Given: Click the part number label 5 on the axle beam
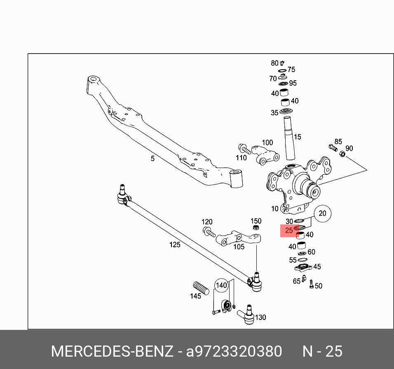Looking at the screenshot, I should click(152, 159).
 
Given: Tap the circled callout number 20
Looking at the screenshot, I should click(322, 213).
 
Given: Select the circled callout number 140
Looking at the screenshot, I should click(222, 285).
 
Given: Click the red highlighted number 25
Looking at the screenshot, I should click(289, 231).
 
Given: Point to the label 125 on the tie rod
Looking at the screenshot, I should click(175, 245).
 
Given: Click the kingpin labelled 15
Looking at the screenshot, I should click(288, 138).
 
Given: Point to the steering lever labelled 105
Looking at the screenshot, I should click(238, 238).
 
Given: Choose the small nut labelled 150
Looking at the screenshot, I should click(256, 228).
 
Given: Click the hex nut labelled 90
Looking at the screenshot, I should click(342, 154).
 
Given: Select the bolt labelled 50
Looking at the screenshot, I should click(311, 285).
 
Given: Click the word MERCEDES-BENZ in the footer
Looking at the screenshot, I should click(112, 351).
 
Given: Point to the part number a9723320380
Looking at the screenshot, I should click(234, 351).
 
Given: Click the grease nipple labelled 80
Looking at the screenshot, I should click(282, 63).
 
